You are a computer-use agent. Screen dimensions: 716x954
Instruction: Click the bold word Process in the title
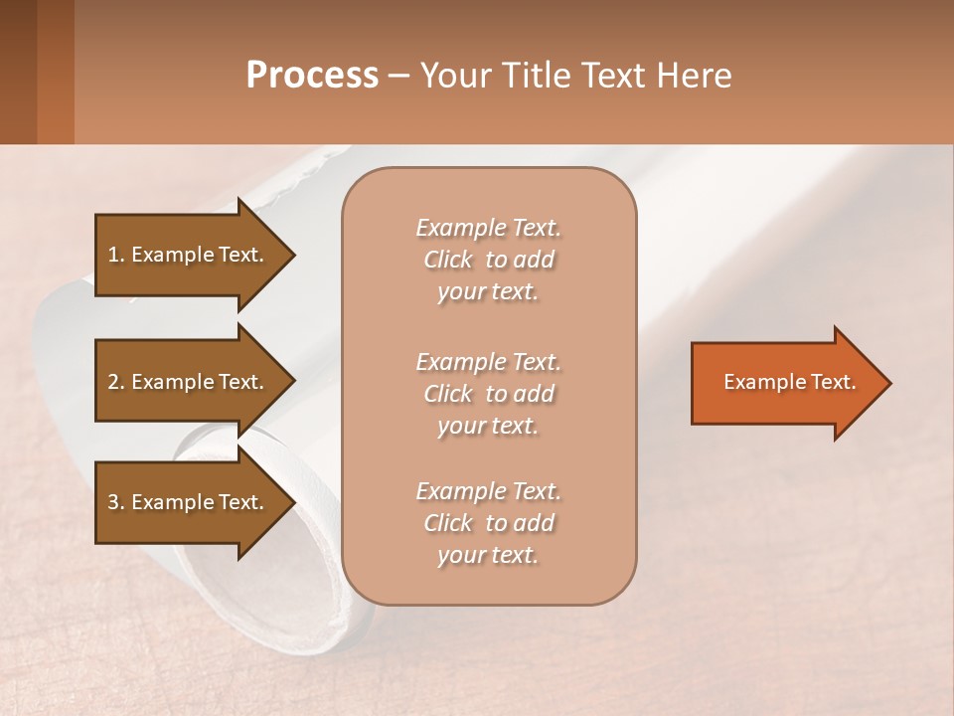coord(312,76)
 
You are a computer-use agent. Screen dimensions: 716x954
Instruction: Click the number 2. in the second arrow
coord(116,382)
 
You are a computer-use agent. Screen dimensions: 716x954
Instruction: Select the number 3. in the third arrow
coord(116,502)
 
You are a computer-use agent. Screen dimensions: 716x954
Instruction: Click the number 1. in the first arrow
coord(115,255)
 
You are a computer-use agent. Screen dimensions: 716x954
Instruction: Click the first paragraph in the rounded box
coord(488,260)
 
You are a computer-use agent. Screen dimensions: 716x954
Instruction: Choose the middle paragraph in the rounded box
coord(488,393)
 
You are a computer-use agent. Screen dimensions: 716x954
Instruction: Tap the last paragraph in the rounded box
coord(488,523)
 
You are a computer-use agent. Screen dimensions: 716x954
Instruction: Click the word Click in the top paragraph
coord(448,260)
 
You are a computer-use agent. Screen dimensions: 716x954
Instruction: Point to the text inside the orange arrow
coord(789,382)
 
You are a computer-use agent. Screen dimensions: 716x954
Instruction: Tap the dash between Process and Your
coord(399,77)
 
